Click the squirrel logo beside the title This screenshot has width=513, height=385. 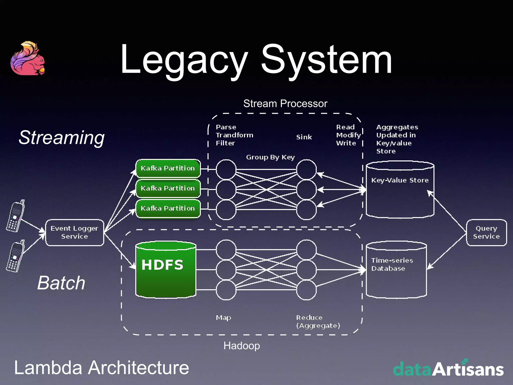coord(28,58)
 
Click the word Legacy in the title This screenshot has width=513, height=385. coord(184,60)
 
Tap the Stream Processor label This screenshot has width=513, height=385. coord(285,104)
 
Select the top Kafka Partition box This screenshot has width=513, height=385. coord(168,168)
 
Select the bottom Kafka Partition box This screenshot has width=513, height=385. coord(168,208)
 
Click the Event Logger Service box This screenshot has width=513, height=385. coord(74,232)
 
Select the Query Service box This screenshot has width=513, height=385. coord(486,232)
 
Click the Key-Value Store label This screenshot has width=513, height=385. coord(400,180)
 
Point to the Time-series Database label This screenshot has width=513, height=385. coord(392,264)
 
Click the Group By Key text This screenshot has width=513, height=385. coord(270,157)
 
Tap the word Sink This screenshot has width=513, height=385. coord(304,137)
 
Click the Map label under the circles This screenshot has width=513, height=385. coord(223,318)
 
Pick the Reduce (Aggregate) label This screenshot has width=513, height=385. coord(318,322)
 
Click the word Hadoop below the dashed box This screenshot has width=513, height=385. coord(241,346)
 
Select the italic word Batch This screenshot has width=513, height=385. coord(61,283)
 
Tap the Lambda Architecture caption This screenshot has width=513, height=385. coord(101,368)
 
